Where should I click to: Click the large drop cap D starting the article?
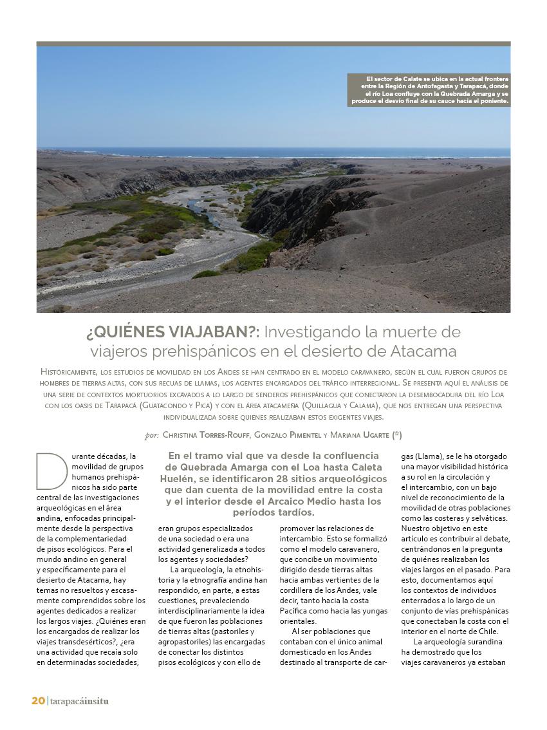tap(51, 472)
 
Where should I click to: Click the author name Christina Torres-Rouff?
tap(205, 435)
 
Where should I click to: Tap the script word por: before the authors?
tap(151, 435)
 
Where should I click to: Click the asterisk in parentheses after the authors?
tap(396, 435)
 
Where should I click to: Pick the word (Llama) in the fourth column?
tap(427, 456)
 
